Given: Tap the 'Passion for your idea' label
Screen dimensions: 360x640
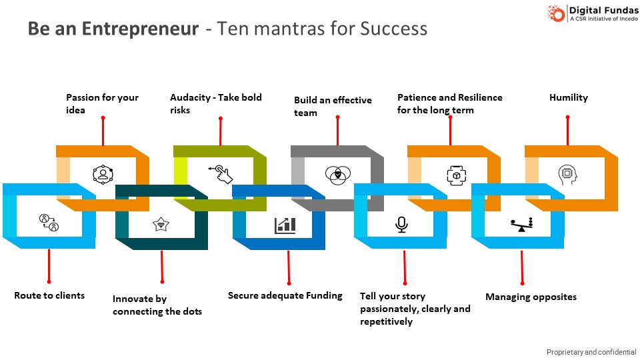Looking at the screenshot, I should point(102,103).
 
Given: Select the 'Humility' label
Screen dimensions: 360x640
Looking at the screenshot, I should point(568,97).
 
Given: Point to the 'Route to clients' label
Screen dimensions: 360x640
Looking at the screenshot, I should point(49,295).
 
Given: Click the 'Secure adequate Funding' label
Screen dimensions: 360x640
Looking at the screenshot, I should point(285,295).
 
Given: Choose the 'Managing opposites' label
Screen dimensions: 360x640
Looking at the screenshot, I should point(531,297).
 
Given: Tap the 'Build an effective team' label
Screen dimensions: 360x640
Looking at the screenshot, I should point(333,106).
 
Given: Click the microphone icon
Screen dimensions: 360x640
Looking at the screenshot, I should point(401,225).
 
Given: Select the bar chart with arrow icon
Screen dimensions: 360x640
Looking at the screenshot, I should point(285,225).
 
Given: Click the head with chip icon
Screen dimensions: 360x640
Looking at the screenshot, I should point(567,174).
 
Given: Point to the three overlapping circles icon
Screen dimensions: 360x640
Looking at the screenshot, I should point(337,174).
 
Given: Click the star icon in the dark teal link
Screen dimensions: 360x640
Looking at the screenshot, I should point(161,224).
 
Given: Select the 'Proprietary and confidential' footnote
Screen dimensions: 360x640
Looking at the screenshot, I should point(591,352).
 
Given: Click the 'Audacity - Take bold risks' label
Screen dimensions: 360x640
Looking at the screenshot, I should point(215,103).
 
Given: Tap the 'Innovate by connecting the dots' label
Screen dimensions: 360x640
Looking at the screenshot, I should point(157,305).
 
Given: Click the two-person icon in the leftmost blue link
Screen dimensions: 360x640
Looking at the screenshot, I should point(49,222).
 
